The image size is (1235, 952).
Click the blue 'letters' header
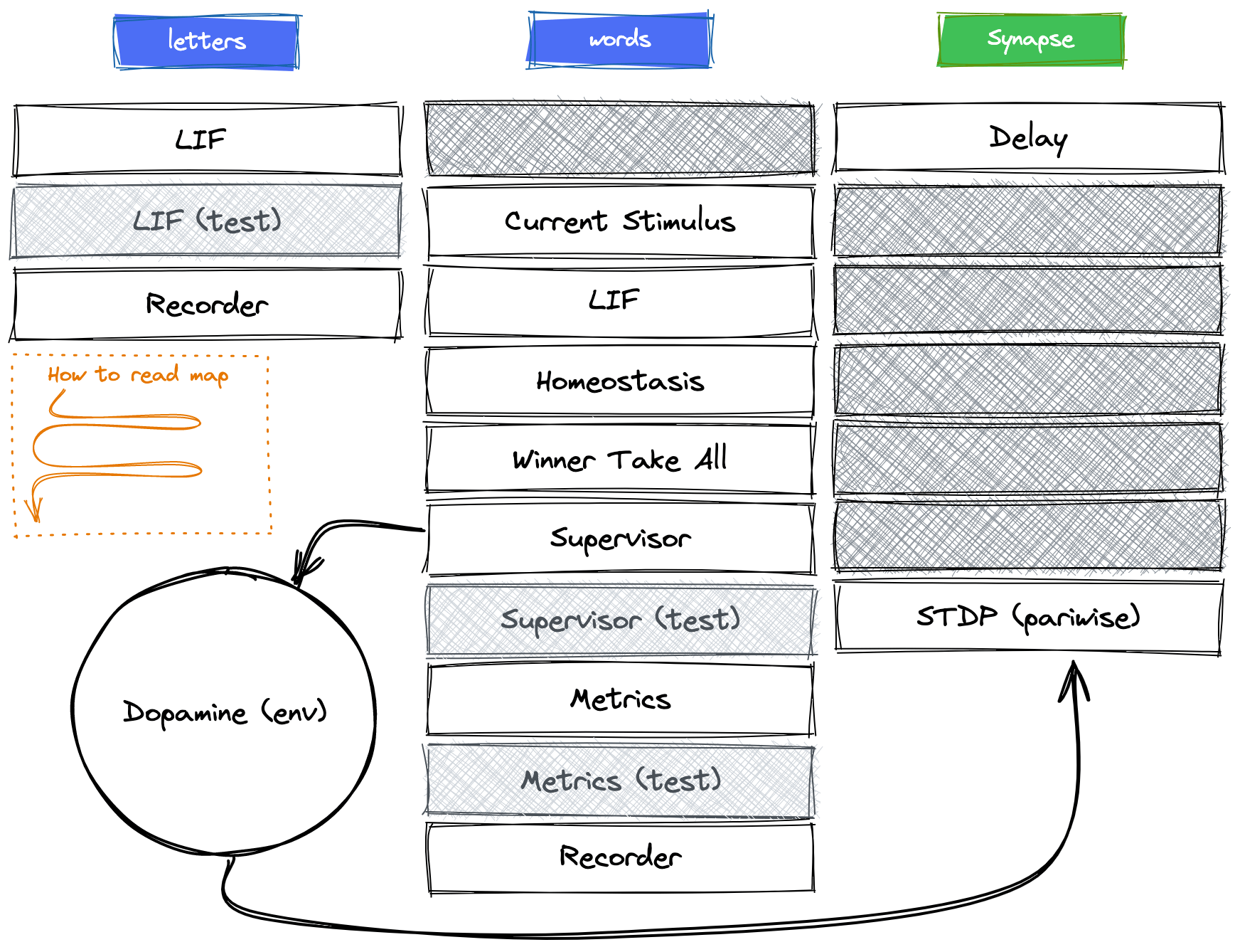tap(206, 41)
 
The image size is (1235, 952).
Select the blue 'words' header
tap(619, 40)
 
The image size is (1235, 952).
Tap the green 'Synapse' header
tap(1030, 40)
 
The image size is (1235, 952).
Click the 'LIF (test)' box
tap(207, 221)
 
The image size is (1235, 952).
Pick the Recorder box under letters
tap(207, 305)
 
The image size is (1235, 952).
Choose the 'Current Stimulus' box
tap(620, 221)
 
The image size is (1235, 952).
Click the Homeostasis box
tap(620, 381)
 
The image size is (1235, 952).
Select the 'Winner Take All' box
tap(620, 460)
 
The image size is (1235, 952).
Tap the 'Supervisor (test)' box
tap(620, 620)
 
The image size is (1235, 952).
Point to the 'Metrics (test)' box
tap(620, 781)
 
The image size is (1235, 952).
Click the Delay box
tap(1028, 138)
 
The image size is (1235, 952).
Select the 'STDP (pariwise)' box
tap(1028, 617)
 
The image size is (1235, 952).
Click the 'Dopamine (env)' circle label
tap(225, 712)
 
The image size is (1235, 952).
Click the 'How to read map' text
tap(138, 375)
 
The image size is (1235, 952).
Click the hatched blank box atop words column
tap(620, 139)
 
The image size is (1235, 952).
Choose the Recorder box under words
tap(620, 857)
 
